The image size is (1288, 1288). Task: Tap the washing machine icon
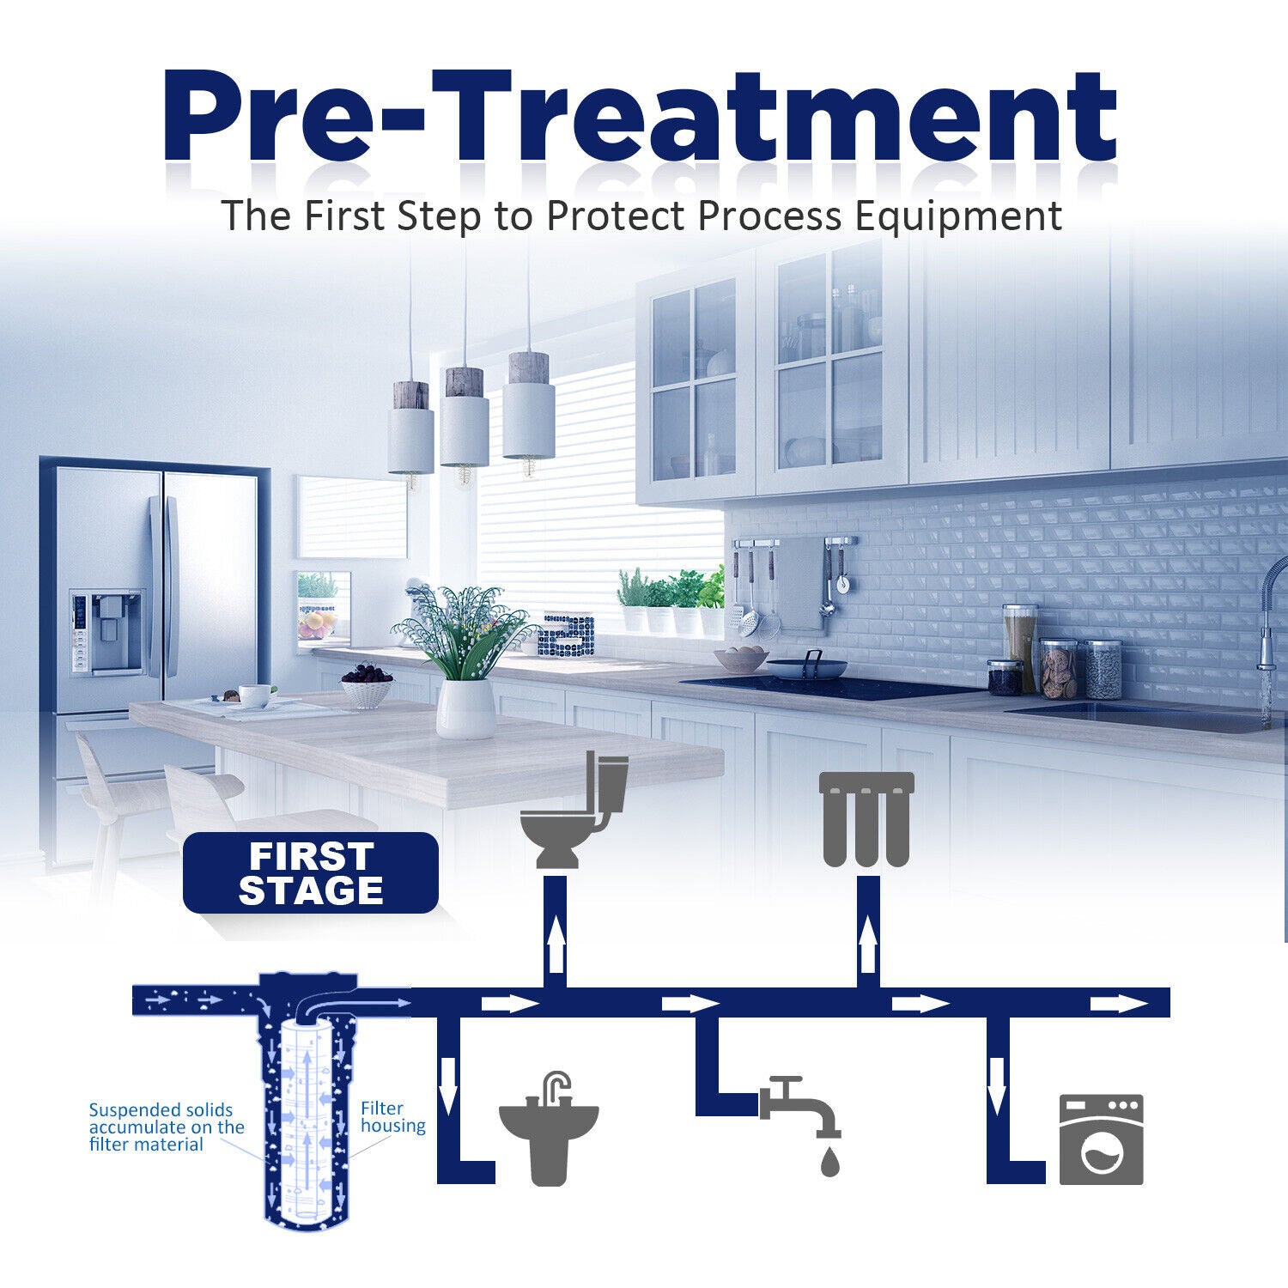[1101, 1139]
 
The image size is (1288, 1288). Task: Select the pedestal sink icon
[550, 1127]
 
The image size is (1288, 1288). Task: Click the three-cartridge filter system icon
[866, 818]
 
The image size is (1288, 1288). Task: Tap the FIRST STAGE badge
[311, 872]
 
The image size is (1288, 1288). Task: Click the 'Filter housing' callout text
[392, 1117]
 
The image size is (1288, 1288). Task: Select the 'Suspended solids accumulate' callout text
[167, 1127]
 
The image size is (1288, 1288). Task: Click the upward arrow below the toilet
[556, 942]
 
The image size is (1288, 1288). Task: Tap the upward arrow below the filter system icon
[868, 942]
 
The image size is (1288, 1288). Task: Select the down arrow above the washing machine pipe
[996, 1084]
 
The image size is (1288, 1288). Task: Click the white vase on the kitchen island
[465, 708]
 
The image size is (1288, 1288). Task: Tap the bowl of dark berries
[367, 685]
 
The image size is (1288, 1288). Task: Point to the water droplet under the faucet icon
[829, 1161]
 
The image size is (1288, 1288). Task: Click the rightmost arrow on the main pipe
[1119, 1004]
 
